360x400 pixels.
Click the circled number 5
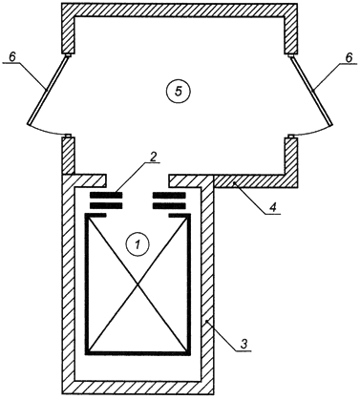pos(179,92)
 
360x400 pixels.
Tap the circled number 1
pos(138,244)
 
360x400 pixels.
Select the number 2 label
pos(153,158)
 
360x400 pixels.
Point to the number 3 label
pos(244,344)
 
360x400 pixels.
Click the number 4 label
pos(272,207)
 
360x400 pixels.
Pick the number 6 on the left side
pos(11,57)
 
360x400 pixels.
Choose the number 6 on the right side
pos(349,57)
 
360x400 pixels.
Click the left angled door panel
pos(49,90)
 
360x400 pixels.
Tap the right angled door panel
pos(311,90)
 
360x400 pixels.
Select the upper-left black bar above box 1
pos(106,195)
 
